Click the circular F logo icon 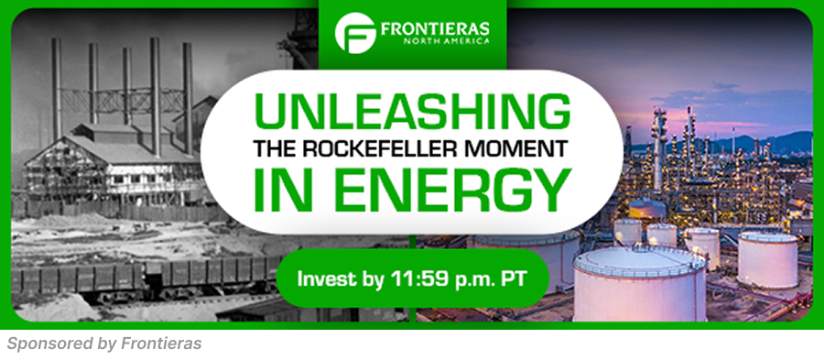[354, 33]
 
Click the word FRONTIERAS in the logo [436, 28]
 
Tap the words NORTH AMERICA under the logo [446, 41]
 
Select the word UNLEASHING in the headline [411, 112]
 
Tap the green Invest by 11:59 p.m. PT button [412, 278]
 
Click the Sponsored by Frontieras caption [104, 344]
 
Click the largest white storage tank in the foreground [639, 284]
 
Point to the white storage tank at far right [768, 259]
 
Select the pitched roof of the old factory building [113, 147]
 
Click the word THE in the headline [276, 148]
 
